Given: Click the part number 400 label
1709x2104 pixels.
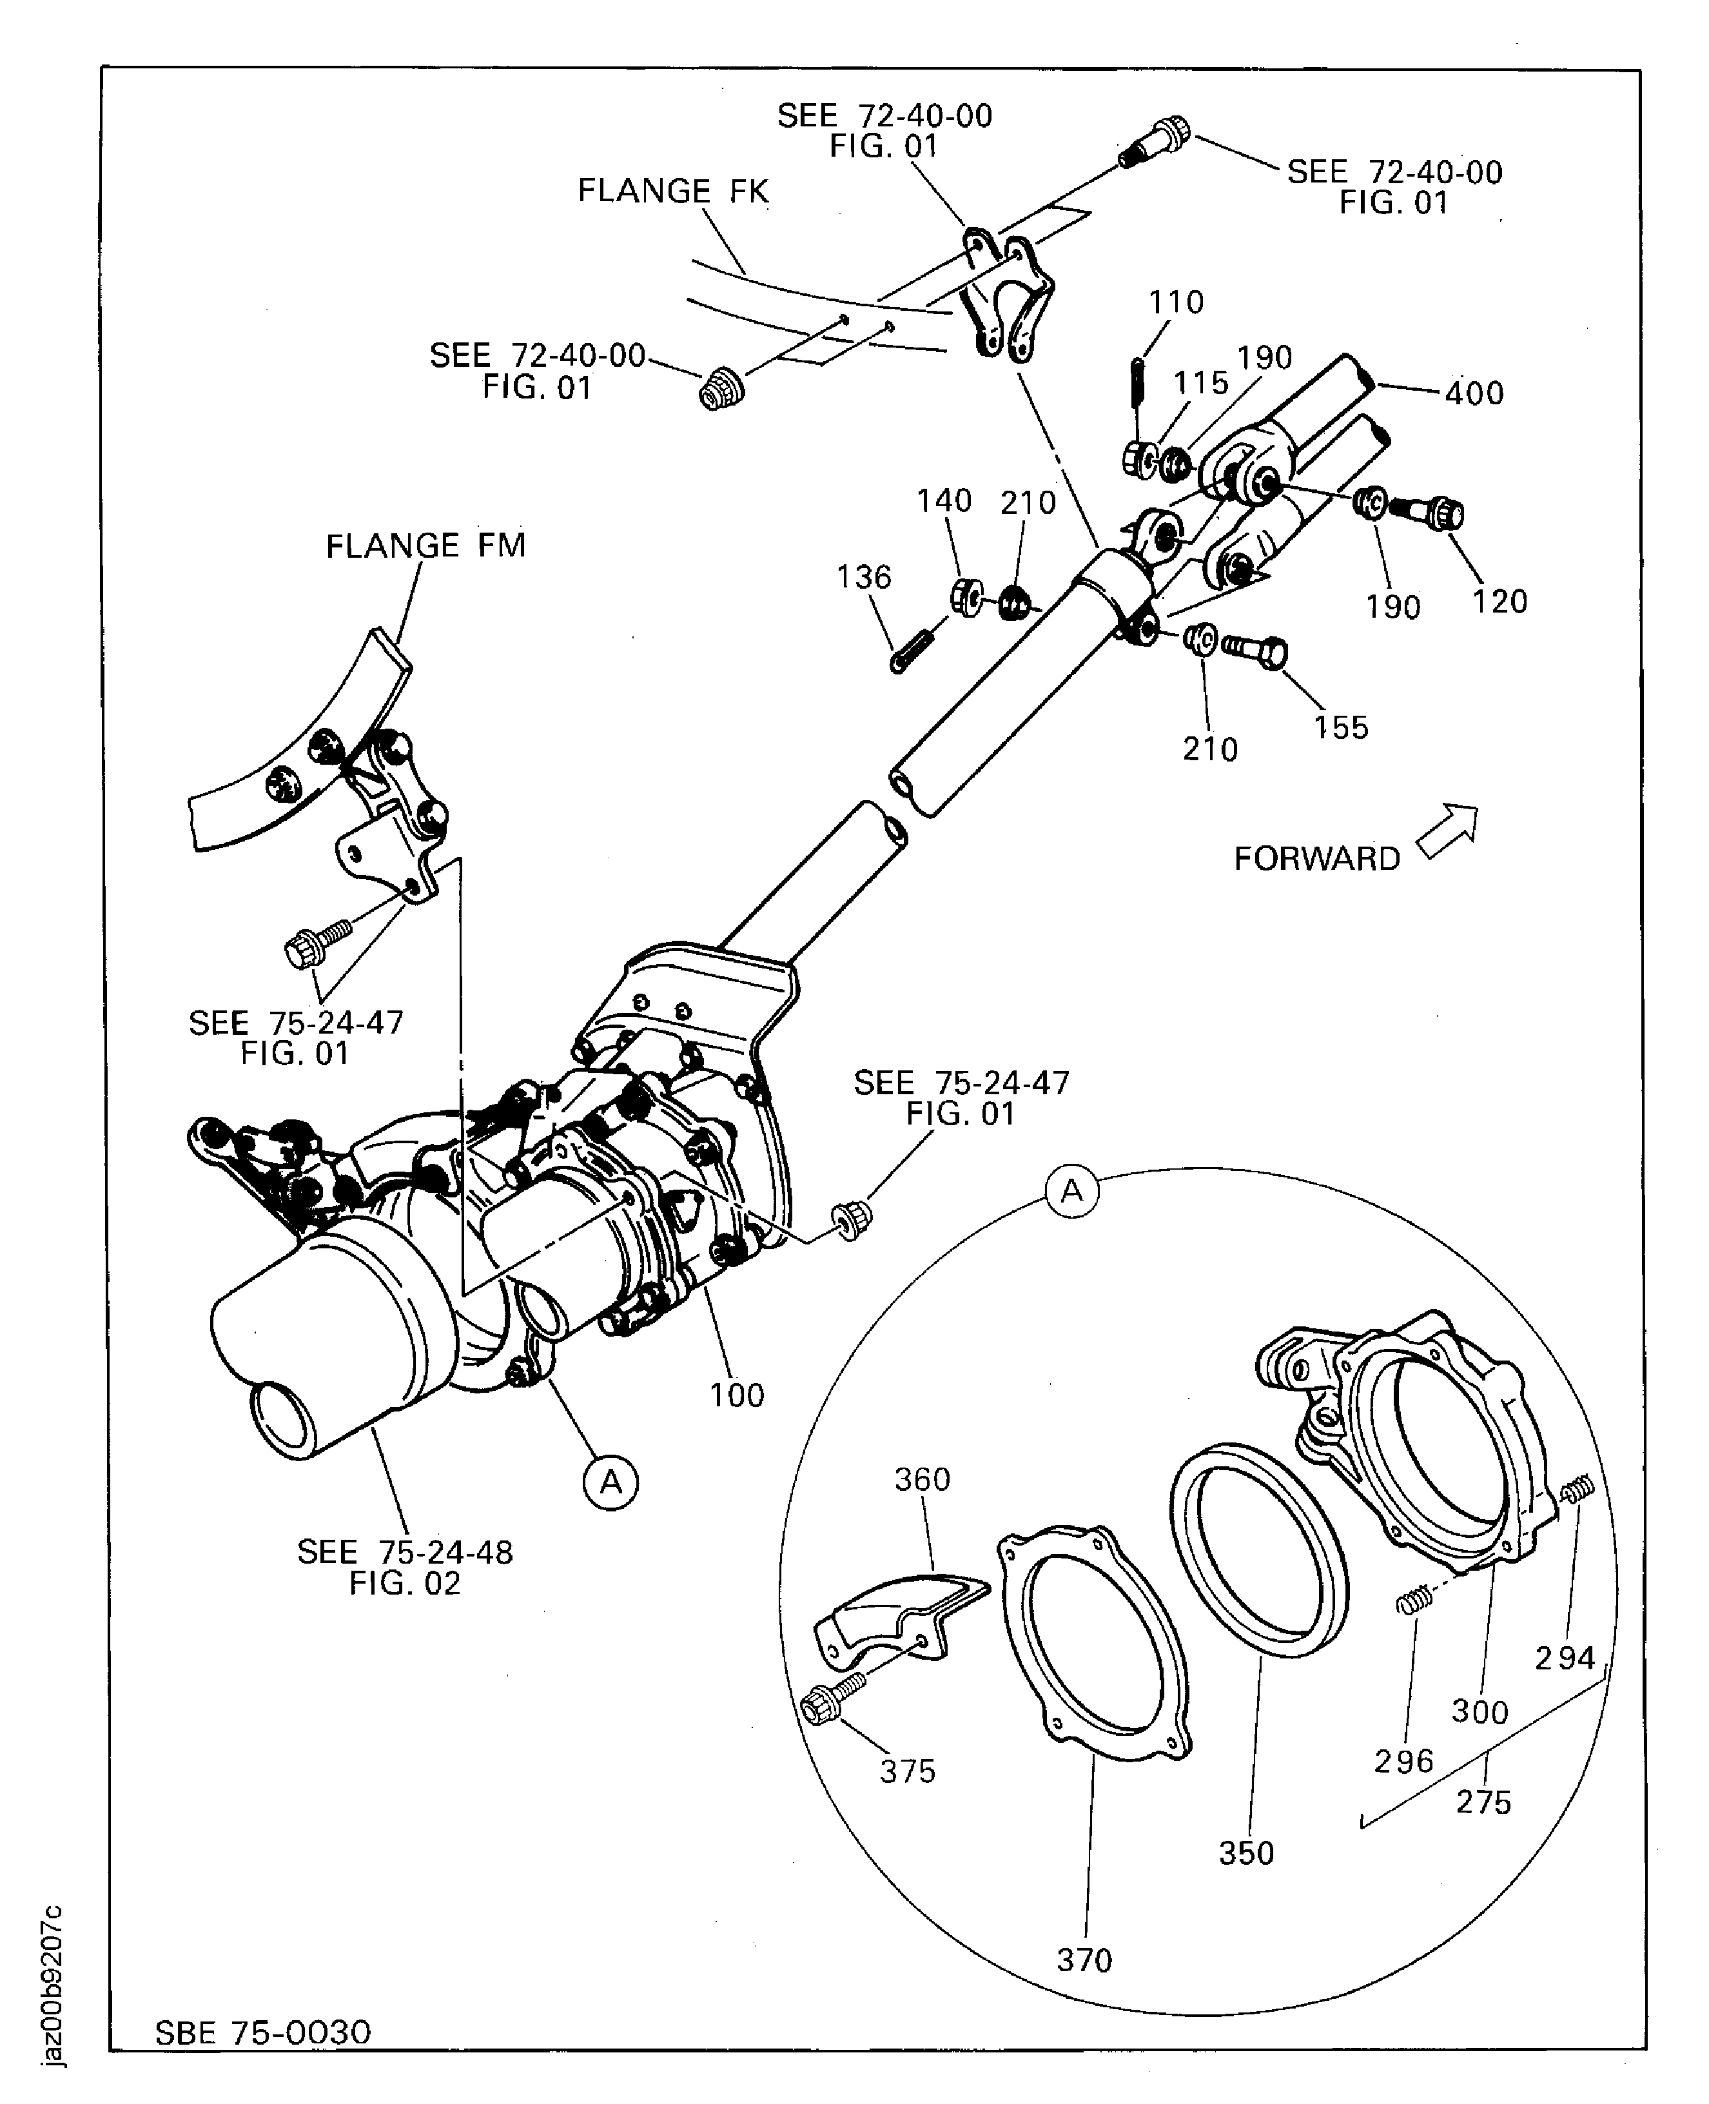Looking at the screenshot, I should (1474, 394).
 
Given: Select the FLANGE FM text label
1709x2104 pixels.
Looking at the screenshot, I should (425, 546).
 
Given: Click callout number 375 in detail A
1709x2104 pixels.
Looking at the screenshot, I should (906, 1771).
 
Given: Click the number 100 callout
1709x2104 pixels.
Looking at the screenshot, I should (736, 1395).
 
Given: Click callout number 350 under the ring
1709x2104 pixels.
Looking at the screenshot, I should (1246, 1853).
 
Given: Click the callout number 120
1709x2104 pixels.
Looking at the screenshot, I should (1499, 602).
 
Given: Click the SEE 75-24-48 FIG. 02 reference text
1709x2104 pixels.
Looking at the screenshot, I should (405, 1568).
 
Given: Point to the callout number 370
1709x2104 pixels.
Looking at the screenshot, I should (1084, 1960).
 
